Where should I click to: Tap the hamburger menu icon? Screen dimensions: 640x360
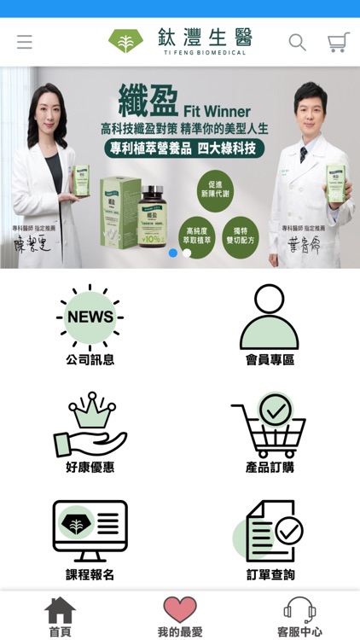[24, 42]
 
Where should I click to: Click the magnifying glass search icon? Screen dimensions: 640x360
[297, 42]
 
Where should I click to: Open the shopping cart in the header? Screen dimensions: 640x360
[339, 42]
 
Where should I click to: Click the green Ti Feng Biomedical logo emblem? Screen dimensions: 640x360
[125, 41]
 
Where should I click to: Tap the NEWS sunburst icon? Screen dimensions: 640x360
[90, 317]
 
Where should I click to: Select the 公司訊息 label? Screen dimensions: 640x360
[90, 360]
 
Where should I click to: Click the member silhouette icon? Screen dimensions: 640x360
[269, 317]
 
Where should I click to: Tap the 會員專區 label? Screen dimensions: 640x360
[269, 360]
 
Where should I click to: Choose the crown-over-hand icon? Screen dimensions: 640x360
[90, 424]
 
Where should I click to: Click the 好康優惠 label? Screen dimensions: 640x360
[90, 468]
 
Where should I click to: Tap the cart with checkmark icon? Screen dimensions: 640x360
[269, 424]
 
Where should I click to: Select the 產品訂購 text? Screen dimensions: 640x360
[269, 468]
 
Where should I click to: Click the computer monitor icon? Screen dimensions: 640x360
[90, 530]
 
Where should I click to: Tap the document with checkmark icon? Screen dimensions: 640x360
[269, 530]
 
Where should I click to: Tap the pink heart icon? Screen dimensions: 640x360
[180, 609]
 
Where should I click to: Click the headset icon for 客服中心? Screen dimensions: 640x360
[299, 609]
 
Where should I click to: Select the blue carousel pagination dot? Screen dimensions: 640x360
[173, 253]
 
